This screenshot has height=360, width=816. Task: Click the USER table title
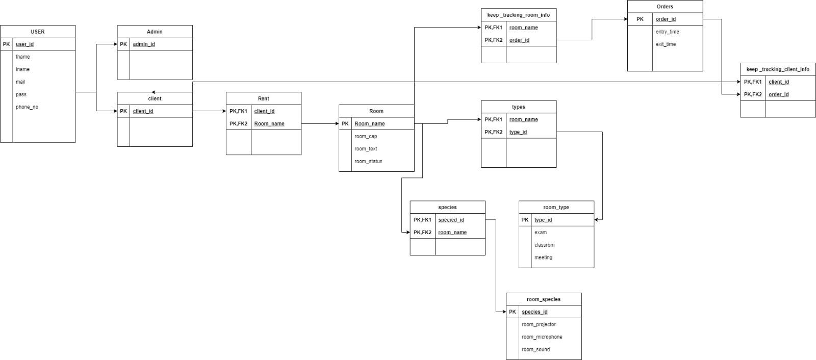click(38, 32)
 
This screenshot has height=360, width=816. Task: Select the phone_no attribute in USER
click(27, 107)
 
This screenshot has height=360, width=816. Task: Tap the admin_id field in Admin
click(144, 44)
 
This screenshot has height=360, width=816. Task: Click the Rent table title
click(263, 98)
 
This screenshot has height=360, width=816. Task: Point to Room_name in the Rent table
click(269, 123)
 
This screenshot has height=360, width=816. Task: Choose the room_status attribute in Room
click(368, 161)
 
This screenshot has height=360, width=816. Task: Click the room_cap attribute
click(366, 136)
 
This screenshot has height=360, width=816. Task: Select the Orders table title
click(665, 7)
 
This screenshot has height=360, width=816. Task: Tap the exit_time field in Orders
click(666, 44)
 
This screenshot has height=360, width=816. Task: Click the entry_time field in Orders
click(667, 32)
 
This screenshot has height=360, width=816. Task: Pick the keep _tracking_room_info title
click(518, 15)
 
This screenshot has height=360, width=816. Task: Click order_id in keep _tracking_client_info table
click(778, 94)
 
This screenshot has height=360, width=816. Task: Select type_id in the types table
click(518, 132)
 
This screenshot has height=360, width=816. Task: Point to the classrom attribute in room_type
click(544, 245)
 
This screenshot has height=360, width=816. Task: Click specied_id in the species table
click(451, 220)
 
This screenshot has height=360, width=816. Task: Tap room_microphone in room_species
click(542, 337)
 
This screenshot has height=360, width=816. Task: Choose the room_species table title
click(543, 299)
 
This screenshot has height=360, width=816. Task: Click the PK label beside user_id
click(6, 44)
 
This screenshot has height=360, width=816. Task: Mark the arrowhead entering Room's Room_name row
click(336, 123)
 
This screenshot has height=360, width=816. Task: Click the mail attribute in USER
click(20, 82)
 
